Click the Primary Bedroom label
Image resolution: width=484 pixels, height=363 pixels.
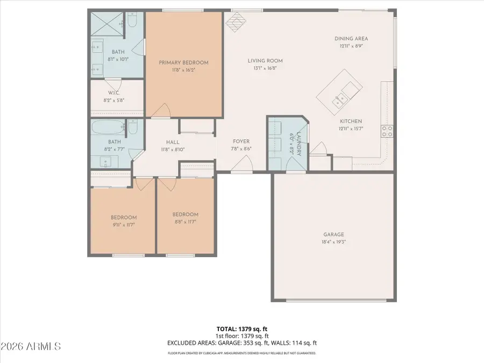click(183, 62)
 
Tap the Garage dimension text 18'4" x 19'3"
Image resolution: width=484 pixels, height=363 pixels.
click(333, 243)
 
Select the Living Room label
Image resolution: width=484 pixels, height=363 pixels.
click(265, 61)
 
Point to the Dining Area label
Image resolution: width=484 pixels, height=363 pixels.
click(351, 39)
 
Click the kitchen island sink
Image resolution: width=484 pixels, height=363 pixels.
click(339, 98)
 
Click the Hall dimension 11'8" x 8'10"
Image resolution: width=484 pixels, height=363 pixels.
click(172, 150)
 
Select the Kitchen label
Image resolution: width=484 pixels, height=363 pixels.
click(351, 122)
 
